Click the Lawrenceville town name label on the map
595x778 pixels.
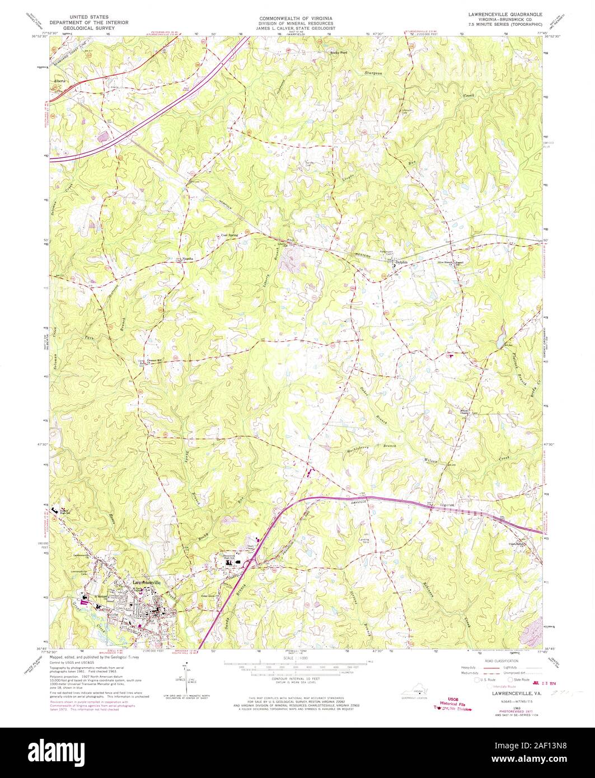pos(147,583)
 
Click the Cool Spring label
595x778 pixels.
pos(229,235)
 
